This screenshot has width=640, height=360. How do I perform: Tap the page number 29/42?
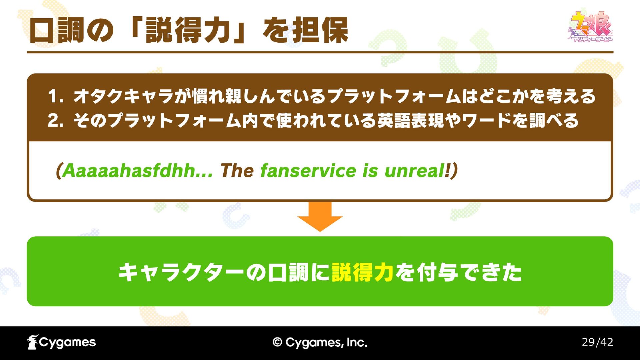click(597, 342)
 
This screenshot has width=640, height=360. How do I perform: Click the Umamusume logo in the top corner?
click(590, 27)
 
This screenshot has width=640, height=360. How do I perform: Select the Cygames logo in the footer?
click(61, 342)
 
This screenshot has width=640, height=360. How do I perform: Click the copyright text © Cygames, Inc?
click(320, 342)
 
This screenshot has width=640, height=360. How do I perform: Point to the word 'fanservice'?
click(308, 171)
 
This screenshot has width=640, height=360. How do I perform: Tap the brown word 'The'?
click(237, 171)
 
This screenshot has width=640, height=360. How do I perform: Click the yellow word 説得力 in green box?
click(363, 272)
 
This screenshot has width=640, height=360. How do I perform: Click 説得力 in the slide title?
click(189, 30)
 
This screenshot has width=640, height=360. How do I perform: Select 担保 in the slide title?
click(320, 30)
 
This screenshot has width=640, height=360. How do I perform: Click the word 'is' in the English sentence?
click(370, 171)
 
